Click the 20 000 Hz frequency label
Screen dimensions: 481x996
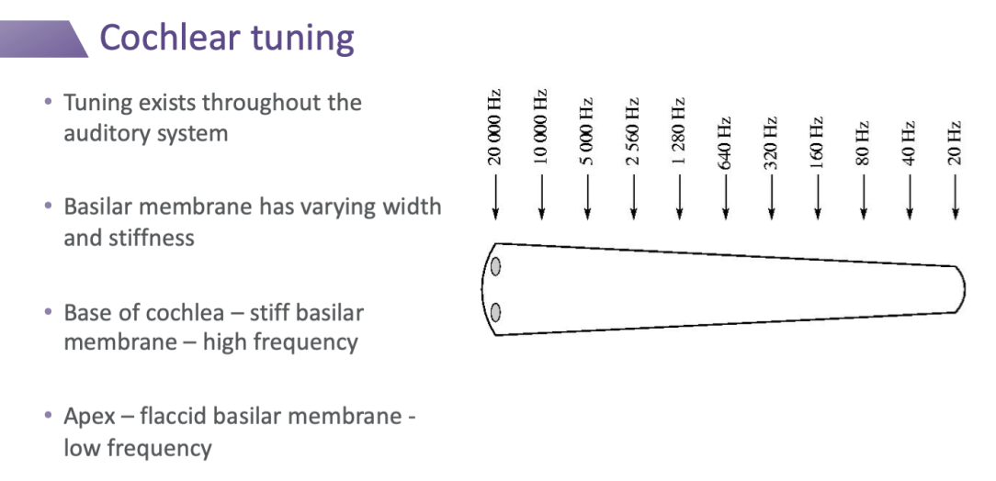[x=494, y=127]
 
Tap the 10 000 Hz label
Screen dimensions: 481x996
[x=540, y=127]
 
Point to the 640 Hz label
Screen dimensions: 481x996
[x=725, y=143]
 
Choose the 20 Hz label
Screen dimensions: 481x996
[x=955, y=143]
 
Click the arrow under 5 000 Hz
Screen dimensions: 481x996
[x=587, y=196]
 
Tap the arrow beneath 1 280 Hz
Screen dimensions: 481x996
[x=679, y=196]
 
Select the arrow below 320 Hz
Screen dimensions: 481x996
[x=771, y=196]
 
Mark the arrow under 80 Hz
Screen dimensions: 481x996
[x=863, y=196]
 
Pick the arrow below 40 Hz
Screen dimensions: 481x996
[x=910, y=196]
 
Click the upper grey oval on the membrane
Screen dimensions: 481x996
[x=496, y=267]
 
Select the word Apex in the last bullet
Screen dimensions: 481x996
[x=89, y=417]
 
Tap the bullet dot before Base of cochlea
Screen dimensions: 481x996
[x=48, y=312]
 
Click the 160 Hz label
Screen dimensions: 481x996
[x=817, y=143]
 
